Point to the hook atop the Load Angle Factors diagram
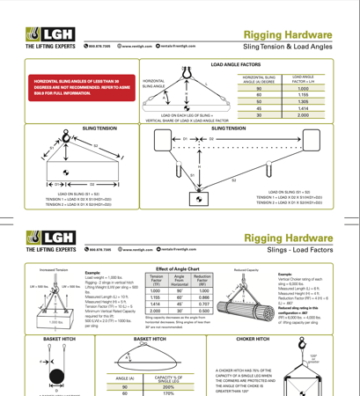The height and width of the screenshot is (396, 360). (x=186, y=70)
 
